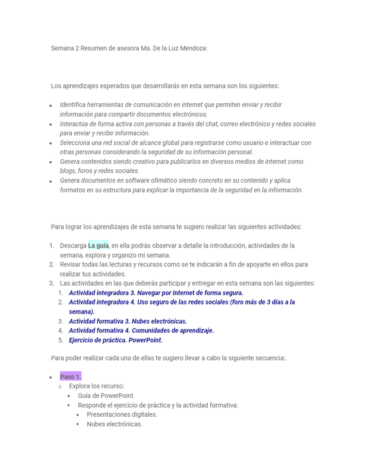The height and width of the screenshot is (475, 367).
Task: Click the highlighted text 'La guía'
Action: [99, 245]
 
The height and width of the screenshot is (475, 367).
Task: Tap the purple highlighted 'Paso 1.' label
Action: [71, 376]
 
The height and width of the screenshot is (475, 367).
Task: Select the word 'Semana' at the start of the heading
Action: [62, 48]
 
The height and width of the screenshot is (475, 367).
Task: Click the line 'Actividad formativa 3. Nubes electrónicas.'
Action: [128, 321]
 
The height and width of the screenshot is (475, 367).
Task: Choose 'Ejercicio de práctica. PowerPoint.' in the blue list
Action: [116, 340]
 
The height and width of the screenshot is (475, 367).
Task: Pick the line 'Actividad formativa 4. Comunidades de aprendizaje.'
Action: [141, 331]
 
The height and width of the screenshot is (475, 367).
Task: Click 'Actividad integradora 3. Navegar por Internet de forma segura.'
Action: [156, 293]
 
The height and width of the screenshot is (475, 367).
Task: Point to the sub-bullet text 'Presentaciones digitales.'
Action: [122, 414]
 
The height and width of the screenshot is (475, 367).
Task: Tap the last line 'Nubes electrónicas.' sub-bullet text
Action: [115, 424]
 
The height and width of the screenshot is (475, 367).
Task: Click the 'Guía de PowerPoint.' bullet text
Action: [106, 395]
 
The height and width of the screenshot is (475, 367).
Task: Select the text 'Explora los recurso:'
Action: [96, 386]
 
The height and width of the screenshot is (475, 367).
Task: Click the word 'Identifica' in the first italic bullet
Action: [73, 104]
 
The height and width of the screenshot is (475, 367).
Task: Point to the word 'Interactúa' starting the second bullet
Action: [74, 124]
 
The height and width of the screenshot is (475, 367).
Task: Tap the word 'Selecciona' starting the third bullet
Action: [75, 142]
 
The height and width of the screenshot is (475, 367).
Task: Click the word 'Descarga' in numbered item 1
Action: [73, 245]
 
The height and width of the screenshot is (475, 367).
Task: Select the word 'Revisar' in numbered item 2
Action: [71, 264]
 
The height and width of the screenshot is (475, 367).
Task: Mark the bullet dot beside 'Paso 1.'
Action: [50, 378]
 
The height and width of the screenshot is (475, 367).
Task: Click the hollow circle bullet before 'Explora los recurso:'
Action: [60, 387]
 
